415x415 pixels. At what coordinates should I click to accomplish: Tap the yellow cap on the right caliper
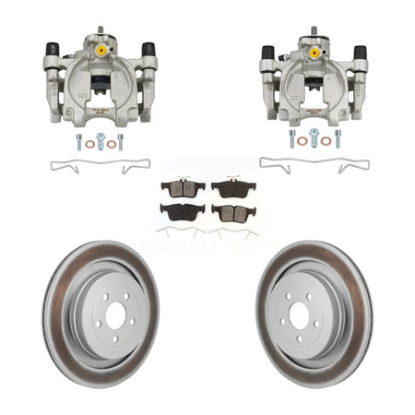(x=314, y=53)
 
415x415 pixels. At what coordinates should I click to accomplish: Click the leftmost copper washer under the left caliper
(x=89, y=143)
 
